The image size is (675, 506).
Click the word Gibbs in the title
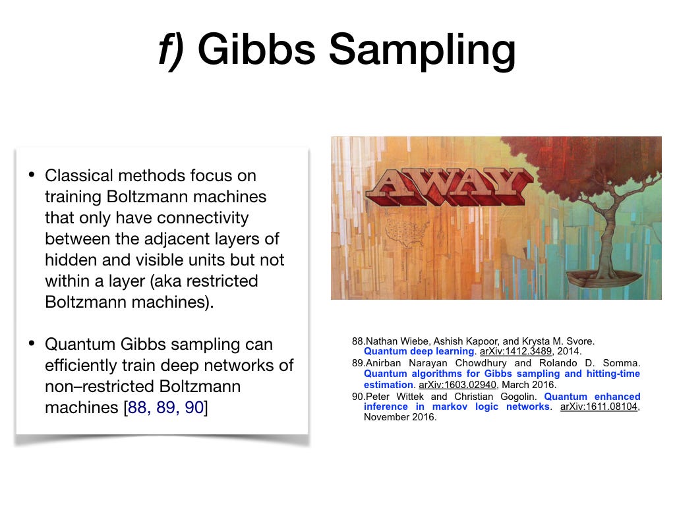pos(257,49)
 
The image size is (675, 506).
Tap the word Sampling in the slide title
pos(423,51)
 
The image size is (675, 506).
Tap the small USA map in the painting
pos(406,234)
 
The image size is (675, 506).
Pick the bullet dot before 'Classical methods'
pos(32,175)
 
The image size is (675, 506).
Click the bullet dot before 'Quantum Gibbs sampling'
pos(32,343)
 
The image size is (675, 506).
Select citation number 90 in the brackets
pos(194,407)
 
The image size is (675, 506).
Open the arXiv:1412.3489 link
pos(515,351)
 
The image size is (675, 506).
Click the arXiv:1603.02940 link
pos(457,385)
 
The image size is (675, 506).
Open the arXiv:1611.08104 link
pos(599,407)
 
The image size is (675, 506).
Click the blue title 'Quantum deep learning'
pos(419,351)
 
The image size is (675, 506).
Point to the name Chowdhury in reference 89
pos(481,363)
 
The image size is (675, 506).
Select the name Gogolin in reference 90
pos(518,396)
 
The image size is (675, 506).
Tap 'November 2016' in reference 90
pos(400,417)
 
